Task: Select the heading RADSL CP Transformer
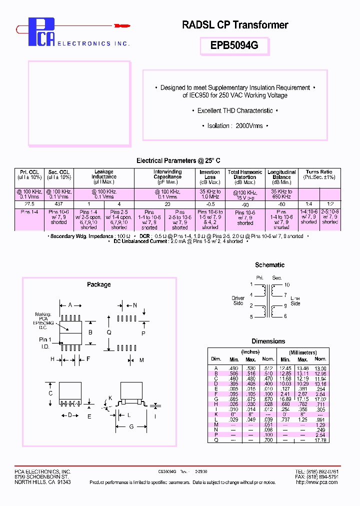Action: pos(235,25)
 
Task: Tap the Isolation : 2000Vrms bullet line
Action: pos(235,126)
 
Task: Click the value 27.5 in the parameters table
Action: pos(29,204)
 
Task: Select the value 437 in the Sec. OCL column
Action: pos(59,204)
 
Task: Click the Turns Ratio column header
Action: pos(319,174)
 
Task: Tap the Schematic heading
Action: pos(269,265)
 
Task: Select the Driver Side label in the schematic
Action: pos(238,300)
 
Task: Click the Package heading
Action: pos(99,284)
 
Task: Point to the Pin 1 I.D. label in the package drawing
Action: pos(46,342)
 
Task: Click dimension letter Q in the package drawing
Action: pos(109,332)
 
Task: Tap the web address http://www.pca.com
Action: pos(316,482)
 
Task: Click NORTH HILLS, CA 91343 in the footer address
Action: pos(42,482)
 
